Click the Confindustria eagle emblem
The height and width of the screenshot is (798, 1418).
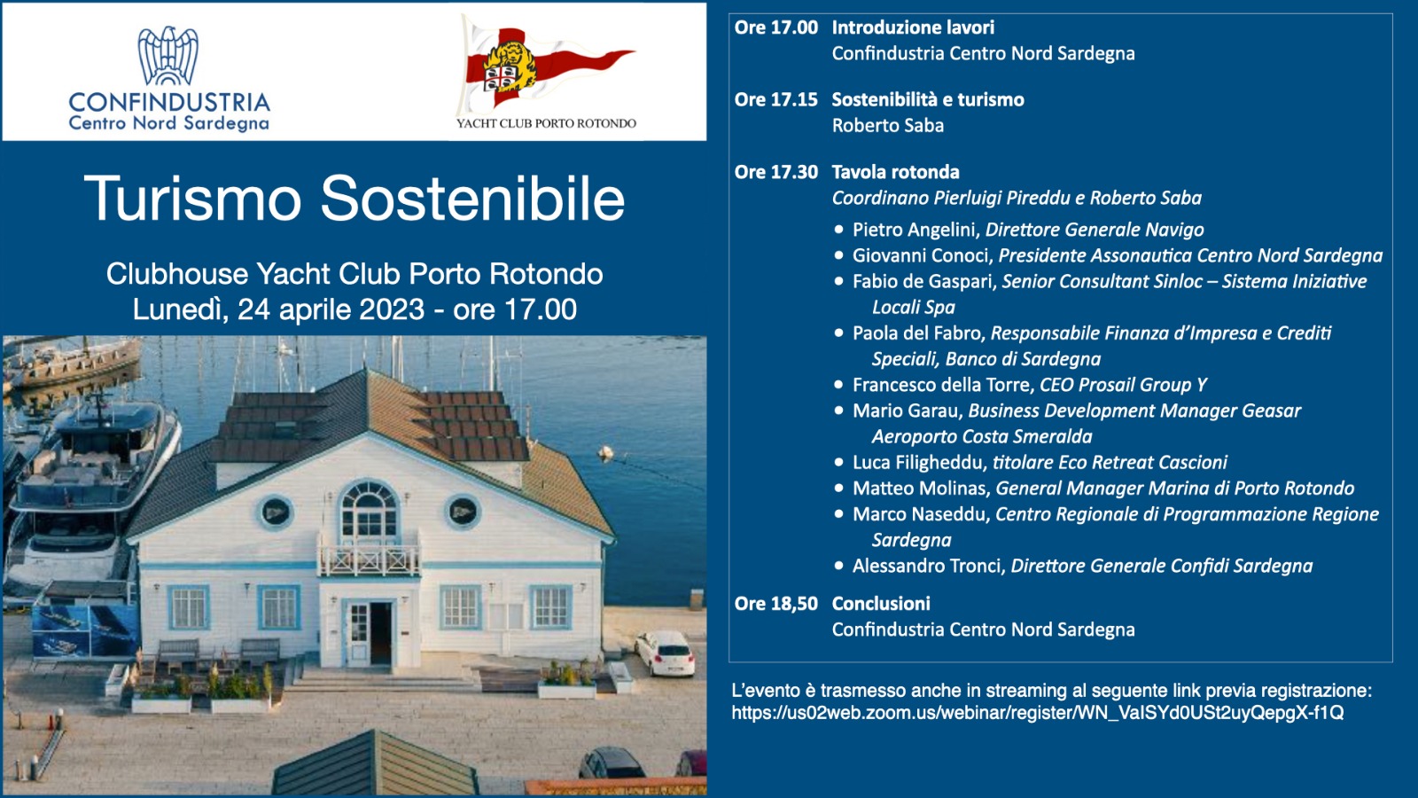tap(168, 56)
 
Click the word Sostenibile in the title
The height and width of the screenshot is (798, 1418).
tap(473, 199)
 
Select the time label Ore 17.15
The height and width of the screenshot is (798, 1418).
tap(776, 100)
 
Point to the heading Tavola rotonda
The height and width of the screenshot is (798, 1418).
tap(896, 172)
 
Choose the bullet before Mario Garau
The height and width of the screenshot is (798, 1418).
tap(838, 411)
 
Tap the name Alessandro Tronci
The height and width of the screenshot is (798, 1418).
tap(927, 566)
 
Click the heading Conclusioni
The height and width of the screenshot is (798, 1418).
tap(881, 604)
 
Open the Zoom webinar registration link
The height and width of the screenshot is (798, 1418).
tap(1038, 713)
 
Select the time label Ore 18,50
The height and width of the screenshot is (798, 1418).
tap(776, 604)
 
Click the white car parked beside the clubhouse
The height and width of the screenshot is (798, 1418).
tap(665, 653)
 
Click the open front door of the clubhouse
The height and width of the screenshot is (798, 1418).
tap(380, 633)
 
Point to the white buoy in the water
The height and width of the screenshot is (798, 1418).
tap(606, 452)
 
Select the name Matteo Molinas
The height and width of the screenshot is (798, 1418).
tap(920, 489)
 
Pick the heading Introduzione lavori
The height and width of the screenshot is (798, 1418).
tap(913, 27)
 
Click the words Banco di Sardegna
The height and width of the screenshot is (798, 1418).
tap(1023, 359)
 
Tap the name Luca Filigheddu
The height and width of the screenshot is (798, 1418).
tap(918, 462)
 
